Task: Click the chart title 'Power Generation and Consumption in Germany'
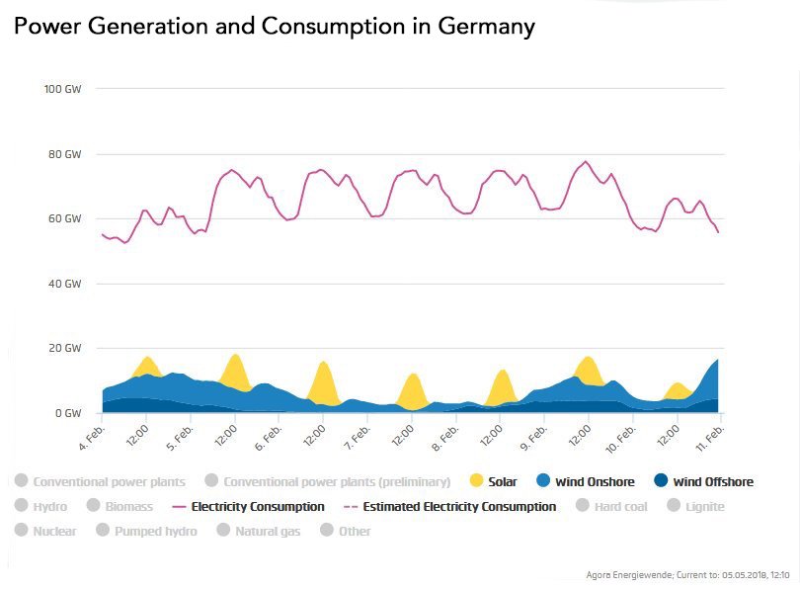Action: click(274, 27)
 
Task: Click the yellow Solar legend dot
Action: click(476, 481)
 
